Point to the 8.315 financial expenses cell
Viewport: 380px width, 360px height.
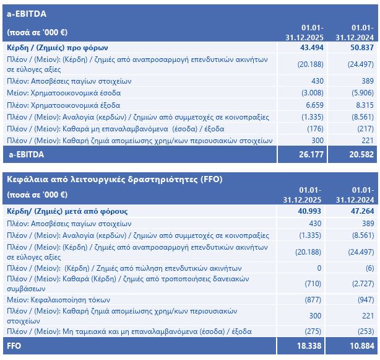(x=362, y=105)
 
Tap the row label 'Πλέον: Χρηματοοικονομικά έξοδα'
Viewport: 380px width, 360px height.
(x=63, y=105)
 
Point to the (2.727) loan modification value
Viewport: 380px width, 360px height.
(x=362, y=283)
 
